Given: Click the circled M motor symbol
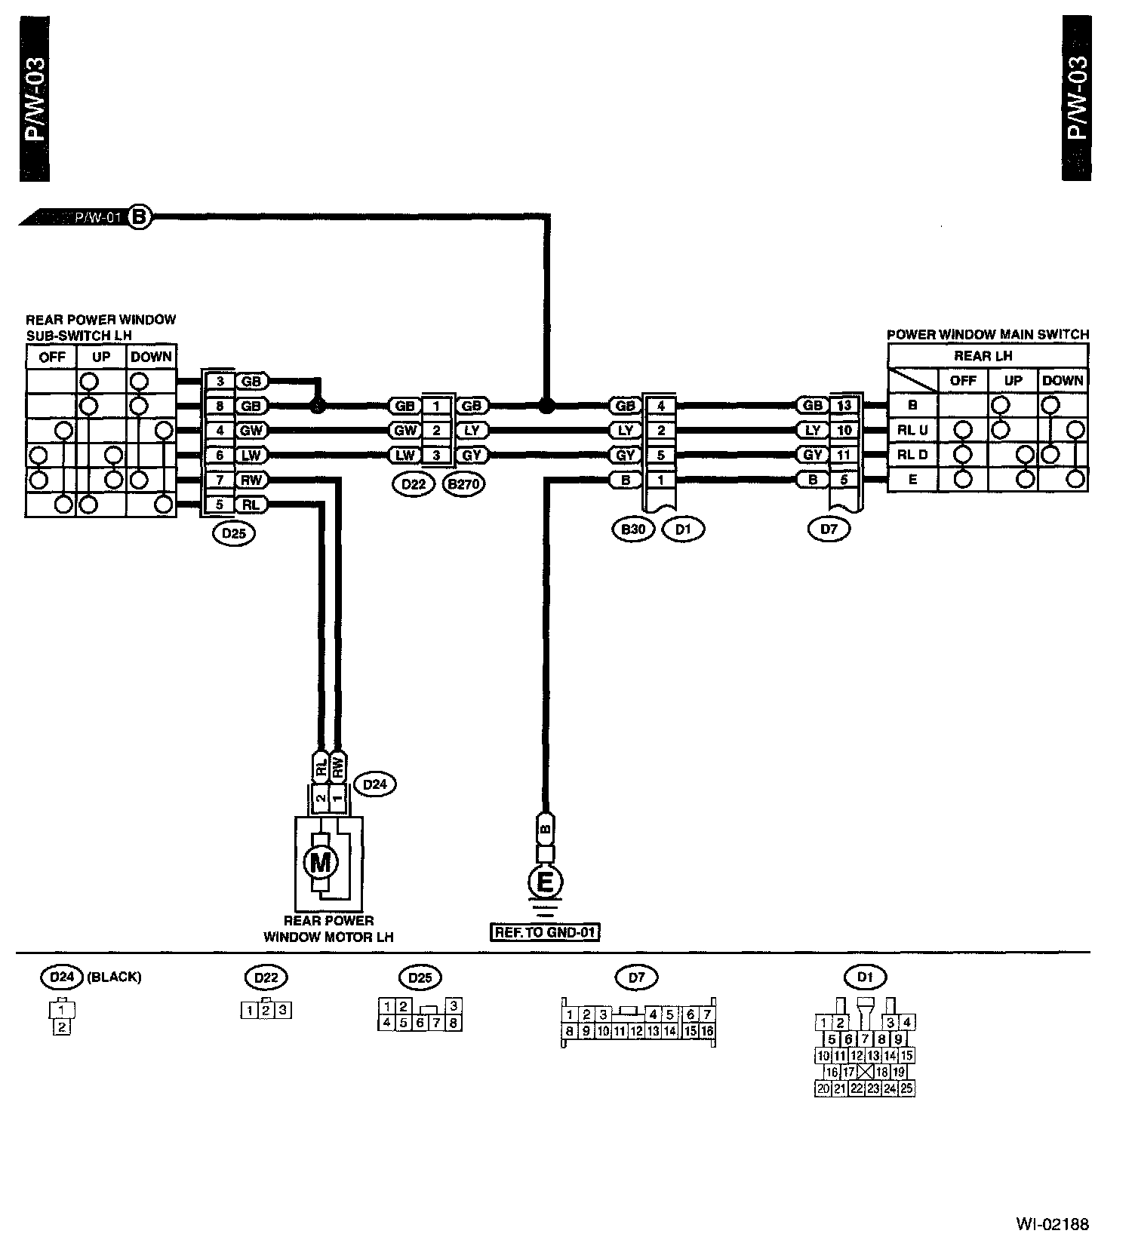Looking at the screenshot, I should pyautogui.click(x=320, y=861).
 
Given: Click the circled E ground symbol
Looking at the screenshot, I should pyautogui.click(x=544, y=881).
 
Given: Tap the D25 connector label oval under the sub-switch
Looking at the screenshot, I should pyautogui.click(x=234, y=533).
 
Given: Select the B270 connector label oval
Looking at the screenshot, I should pyautogui.click(x=463, y=484).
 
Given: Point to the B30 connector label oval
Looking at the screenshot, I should pyautogui.click(x=632, y=529).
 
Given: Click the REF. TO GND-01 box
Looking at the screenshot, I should pyautogui.click(x=545, y=932).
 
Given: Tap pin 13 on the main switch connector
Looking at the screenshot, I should pyautogui.click(x=844, y=406).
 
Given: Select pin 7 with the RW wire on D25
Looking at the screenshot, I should pyautogui.click(x=220, y=480).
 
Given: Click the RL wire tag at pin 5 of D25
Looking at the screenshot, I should pyautogui.click(x=250, y=505).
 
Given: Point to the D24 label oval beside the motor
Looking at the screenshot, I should pyautogui.click(x=374, y=784).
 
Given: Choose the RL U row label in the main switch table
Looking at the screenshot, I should pyautogui.click(x=912, y=431).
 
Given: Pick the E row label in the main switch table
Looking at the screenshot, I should pyautogui.click(x=912, y=479).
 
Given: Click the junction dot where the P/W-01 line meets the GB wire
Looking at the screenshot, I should pyautogui.click(x=546, y=406).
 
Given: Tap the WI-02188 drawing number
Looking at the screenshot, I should pyautogui.click(x=1052, y=1224).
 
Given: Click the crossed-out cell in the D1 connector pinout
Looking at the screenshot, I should pyautogui.click(x=865, y=1072).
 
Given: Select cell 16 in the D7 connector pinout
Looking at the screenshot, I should pyautogui.click(x=707, y=1031).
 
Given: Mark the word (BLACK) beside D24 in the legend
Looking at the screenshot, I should pyautogui.click(x=115, y=977).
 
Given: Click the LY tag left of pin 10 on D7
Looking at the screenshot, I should pyautogui.click(x=813, y=431).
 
